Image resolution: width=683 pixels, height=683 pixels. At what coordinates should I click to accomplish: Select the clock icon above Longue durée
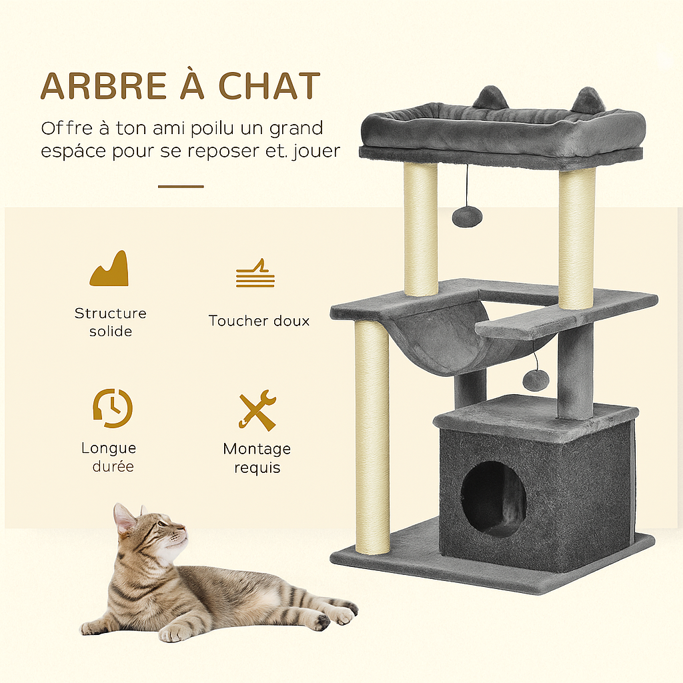[x=112, y=408]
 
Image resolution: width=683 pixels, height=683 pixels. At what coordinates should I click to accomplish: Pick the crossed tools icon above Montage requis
[x=257, y=410]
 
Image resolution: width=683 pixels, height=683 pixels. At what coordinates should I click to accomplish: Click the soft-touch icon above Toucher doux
[x=255, y=274]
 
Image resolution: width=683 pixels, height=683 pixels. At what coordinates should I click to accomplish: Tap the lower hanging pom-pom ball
[x=536, y=380]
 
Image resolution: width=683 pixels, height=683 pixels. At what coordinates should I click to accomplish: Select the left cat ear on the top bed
[x=491, y=98]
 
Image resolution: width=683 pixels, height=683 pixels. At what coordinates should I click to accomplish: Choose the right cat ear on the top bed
[x=588, y=101]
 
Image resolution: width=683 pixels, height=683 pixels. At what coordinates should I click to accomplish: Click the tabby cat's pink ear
[x=124, y=519]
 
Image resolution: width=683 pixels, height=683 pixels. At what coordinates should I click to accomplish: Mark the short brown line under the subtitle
[x=181, y=187]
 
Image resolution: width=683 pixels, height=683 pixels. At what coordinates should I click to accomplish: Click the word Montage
[x=257, y=449]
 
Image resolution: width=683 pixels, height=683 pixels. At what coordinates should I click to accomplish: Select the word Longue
[x=109, y=448]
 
